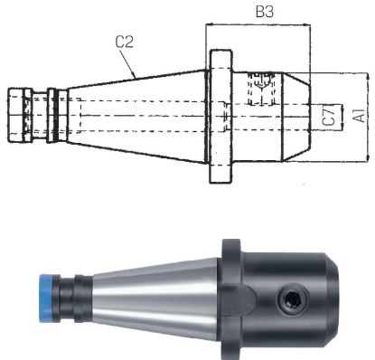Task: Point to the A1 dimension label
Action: (359, 116)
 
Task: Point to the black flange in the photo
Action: (230, 271)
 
